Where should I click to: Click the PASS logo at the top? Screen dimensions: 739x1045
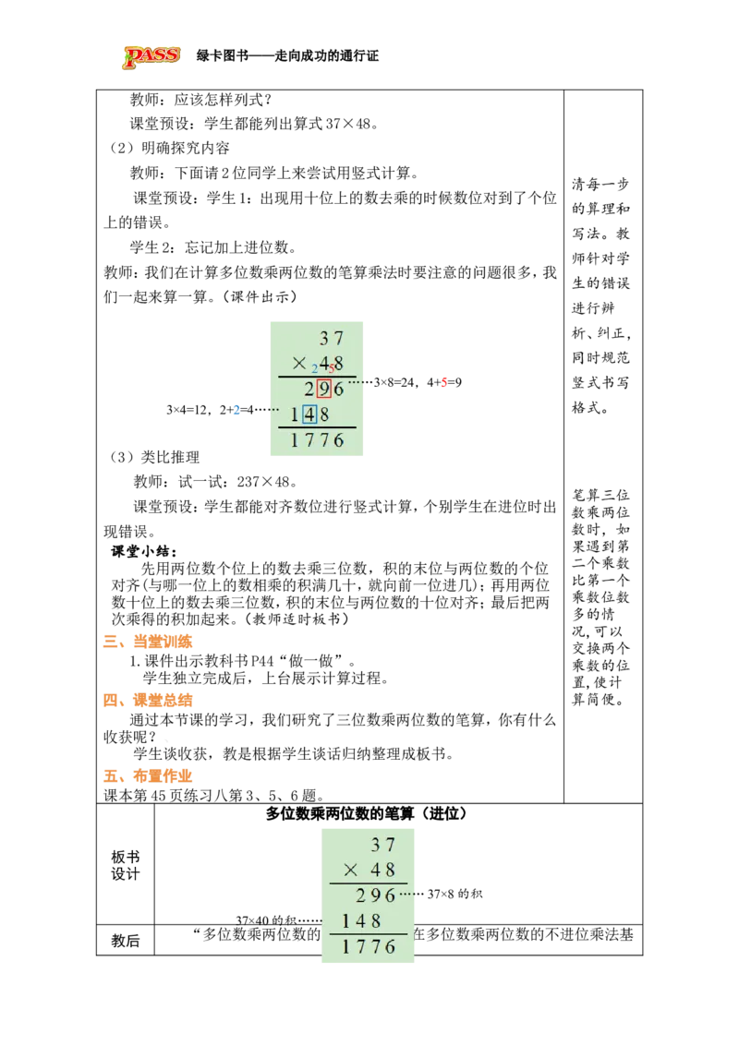click(151, 56)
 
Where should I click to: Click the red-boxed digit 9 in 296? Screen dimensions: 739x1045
click(323, 389)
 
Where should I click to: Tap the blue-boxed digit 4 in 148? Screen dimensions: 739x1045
click(309, 414)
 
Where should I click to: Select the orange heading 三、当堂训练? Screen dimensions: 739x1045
click(148, 642)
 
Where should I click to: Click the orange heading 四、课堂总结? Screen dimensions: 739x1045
click(148, 700)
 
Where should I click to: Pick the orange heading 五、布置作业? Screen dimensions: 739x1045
click(148, 775)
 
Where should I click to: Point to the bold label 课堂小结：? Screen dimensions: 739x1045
click(144, 551)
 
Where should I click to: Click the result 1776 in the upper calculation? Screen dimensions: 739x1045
click(318, 439)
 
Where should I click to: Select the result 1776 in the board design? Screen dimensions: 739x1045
click(369, 946)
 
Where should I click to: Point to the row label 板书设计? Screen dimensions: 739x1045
click(126, 865)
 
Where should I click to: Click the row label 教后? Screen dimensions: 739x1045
click(126, 941)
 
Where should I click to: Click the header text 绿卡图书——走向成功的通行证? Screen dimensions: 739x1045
click(287, 56)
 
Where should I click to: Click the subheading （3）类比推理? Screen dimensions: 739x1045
click(154, 457)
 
